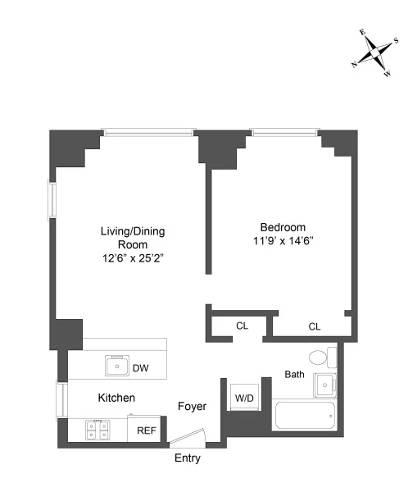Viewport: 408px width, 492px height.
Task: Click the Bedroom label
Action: (283, 227)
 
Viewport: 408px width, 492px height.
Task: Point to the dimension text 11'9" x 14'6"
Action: (283, 241)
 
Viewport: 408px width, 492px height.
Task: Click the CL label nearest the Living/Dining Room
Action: (242, 326)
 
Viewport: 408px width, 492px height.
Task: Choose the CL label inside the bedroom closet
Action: (315, 326)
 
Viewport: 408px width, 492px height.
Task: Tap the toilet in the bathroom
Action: (320, 358)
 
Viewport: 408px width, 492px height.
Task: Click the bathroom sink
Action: (328, 384)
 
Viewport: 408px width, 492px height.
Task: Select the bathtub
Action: (304, 419)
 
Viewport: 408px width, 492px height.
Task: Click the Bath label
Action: (294, 374)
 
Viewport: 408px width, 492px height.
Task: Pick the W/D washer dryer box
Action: (244, 399)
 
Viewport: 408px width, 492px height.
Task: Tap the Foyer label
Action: (193, 407)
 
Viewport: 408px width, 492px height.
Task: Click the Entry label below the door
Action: (187, 458)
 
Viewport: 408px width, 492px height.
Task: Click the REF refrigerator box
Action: (147, 430)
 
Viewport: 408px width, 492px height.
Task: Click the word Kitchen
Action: (116, 398)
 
